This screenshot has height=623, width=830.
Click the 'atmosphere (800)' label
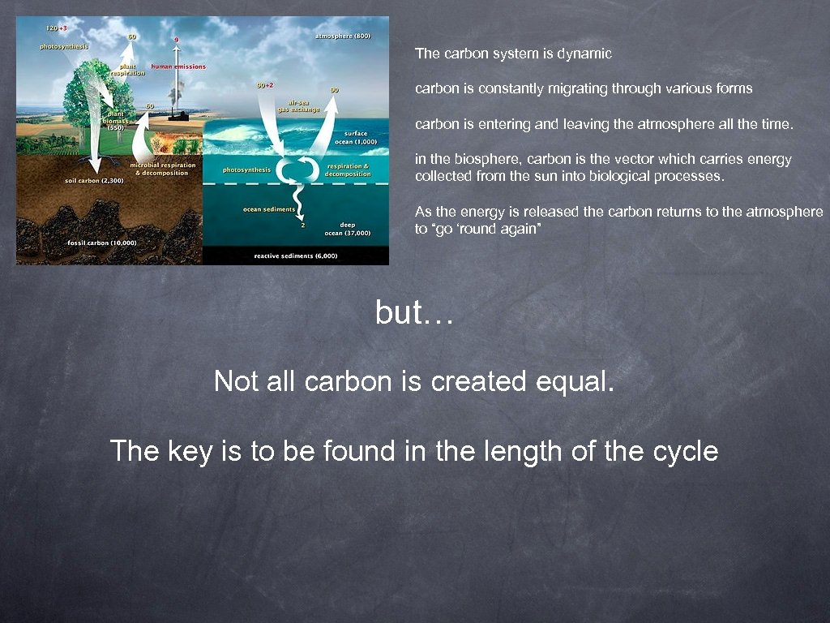pyautogui.click(x=343, y=37)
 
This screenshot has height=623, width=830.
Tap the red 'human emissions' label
pyautogui.click(x=178, y=67)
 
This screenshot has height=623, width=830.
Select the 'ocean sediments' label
pyautogui.click(x=269, y=210)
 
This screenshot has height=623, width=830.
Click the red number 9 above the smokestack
pyautogui.click(x=176, y=40)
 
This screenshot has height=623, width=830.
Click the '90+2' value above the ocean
pyautogui.click(x=265, y=84)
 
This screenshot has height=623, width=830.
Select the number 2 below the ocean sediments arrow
pyautogui.click(x=303, y=226)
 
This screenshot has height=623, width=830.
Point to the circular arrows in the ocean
pyautogui.click(x=297, y=171)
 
